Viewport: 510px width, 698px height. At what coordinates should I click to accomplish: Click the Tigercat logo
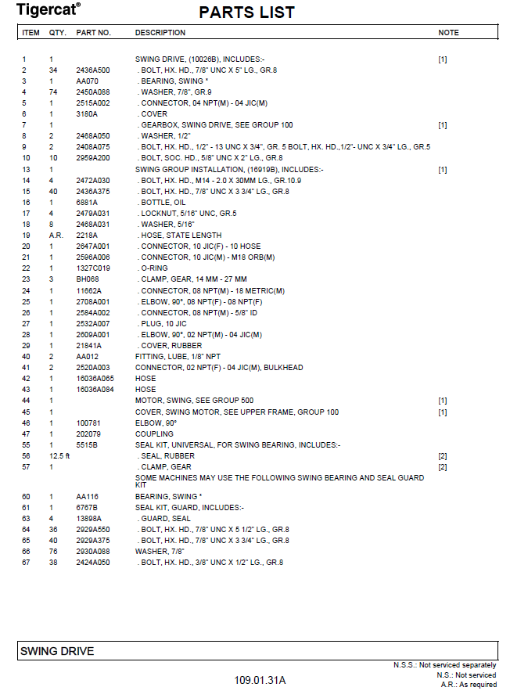pyautogui.click(x=48, y=9)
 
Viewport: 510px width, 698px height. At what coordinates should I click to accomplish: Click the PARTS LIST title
pyautogui.click(x=246, y=13)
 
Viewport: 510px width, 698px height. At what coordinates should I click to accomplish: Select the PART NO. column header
pyautogui.click(x=93, y=33)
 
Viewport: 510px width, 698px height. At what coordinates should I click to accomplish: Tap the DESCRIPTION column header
pyautogui.click(x=160, y=33)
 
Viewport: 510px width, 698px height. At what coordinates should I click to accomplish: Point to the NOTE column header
pyautogui.click(x=448, y=33)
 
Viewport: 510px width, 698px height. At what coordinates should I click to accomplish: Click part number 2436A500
pyautogui.click(x=92, y=70)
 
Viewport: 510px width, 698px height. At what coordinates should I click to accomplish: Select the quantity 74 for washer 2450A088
pyautogui.click(x=54, y=92)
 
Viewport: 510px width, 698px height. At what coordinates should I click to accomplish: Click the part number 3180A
pyautogui.click(x=86, y=114)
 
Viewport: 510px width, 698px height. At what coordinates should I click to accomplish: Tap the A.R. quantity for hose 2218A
pyautogui.click(x=55, y=235)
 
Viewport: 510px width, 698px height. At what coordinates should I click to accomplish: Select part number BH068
pyautogui.click(x=87, y=279)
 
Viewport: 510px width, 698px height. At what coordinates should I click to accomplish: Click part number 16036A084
pyautogui.click(x=93, y=390)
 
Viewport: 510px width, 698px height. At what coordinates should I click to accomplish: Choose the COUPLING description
pyautogui.click(x=154, y=434)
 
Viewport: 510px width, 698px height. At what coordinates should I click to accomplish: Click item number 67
pyautogui.click(x=26, y=562)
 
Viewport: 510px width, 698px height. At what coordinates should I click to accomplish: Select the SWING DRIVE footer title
pyautogui.click(x=57, y=651)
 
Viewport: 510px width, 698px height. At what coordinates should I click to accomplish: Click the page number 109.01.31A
pyautogui.click(x=260, y=680)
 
